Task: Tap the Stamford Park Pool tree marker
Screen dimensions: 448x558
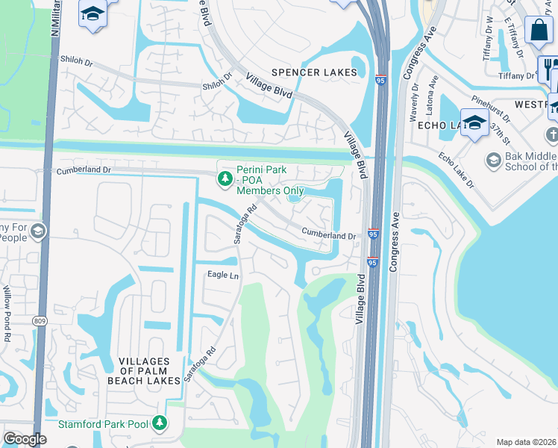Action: point(159,423)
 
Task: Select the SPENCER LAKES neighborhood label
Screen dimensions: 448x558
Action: point(314,72)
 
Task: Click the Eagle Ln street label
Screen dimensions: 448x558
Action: point(222,275)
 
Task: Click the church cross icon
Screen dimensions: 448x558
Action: point(551,135)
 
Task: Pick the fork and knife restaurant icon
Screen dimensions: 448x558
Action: point(548,66)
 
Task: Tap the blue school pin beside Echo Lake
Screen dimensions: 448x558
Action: point(474,122)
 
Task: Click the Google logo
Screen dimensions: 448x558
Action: point(25,439)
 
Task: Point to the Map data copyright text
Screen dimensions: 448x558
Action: point(526,442)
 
